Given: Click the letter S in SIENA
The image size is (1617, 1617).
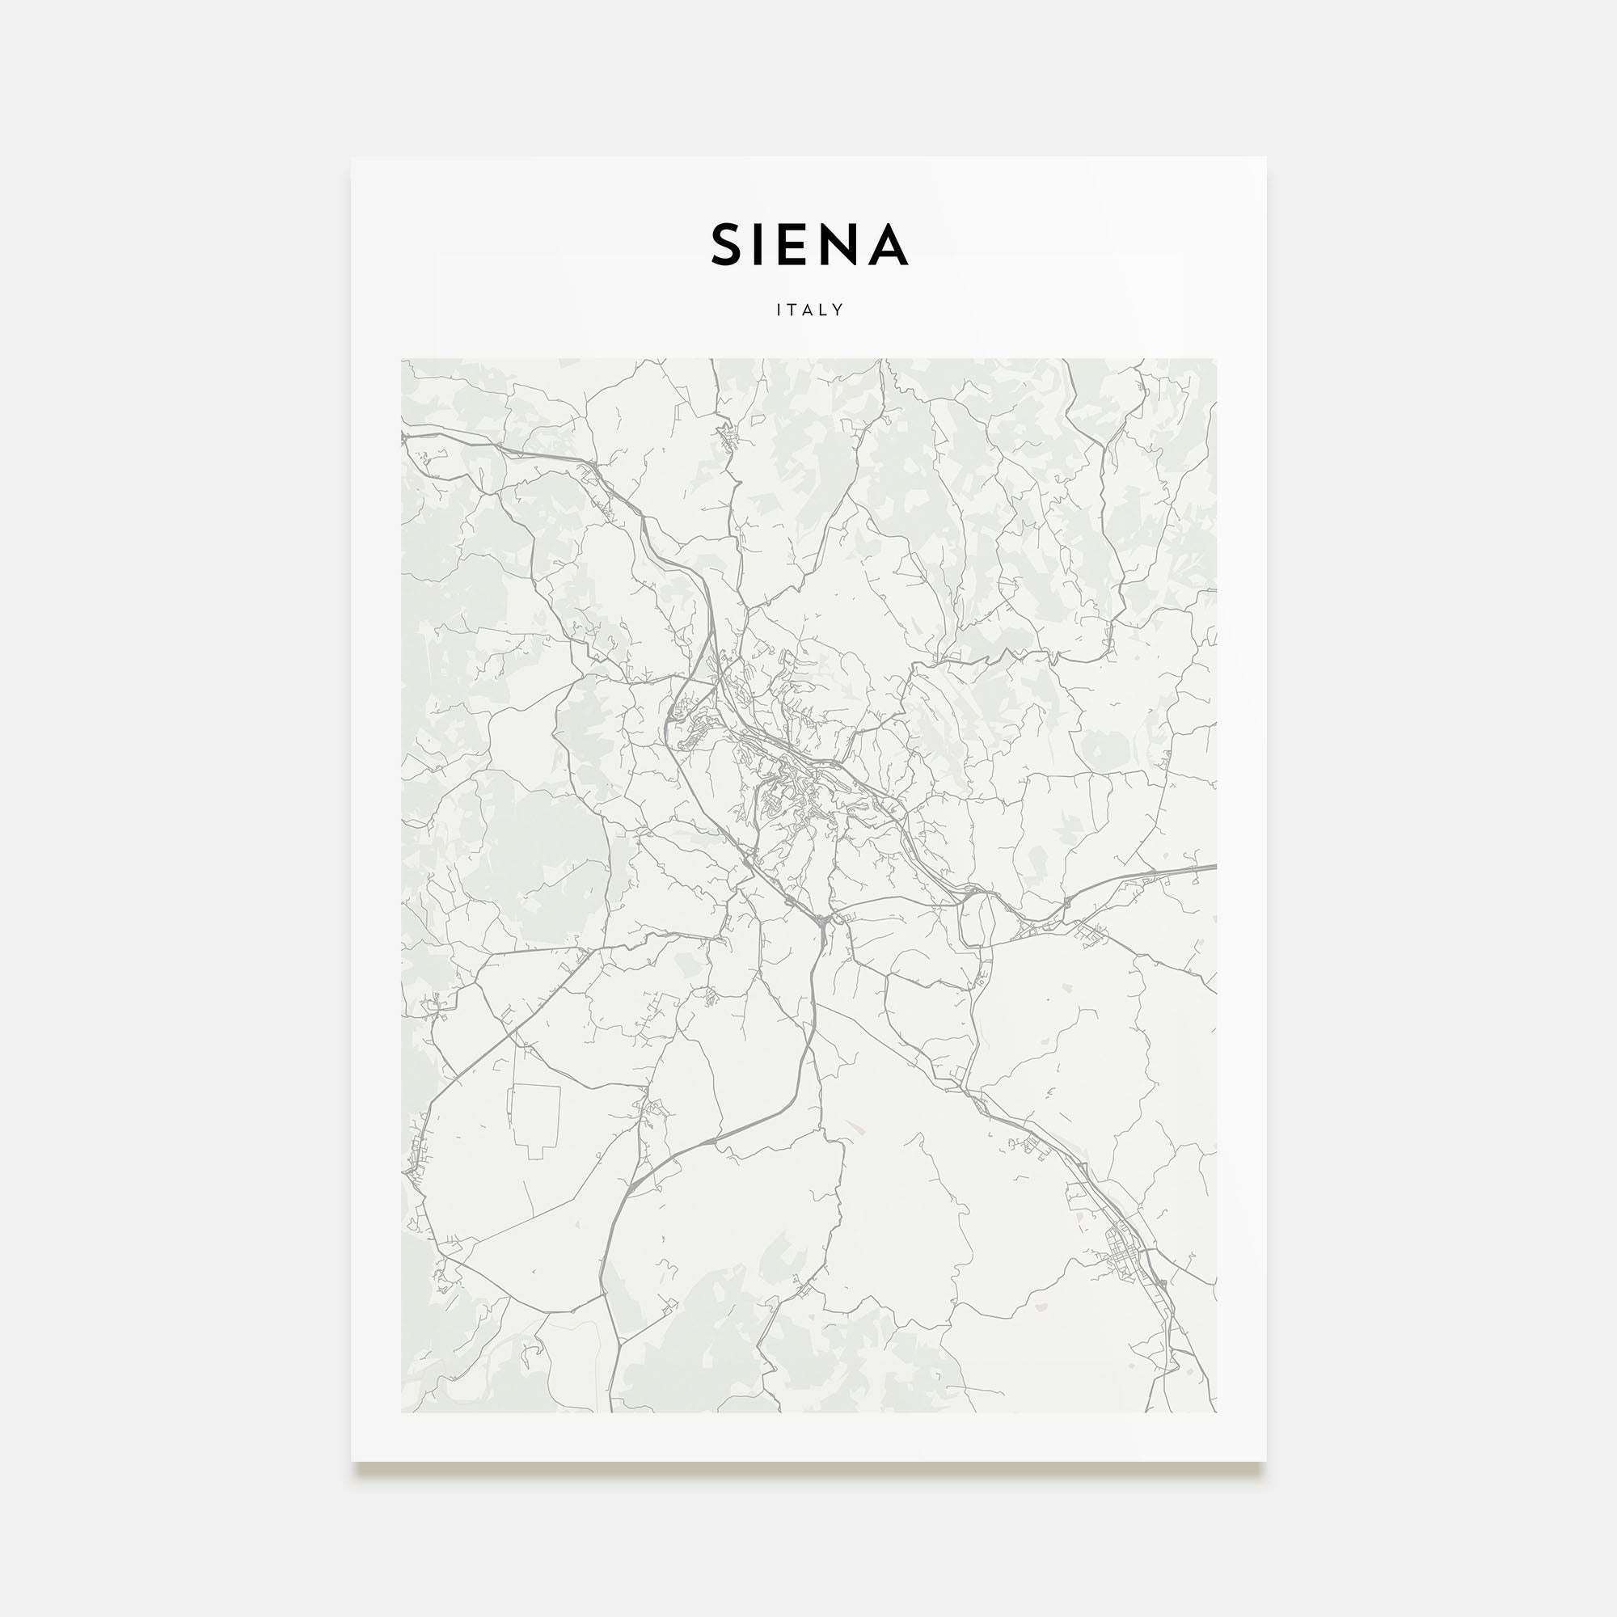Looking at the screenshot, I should coord(728,244).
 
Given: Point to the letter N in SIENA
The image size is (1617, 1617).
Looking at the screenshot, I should coord(838,244).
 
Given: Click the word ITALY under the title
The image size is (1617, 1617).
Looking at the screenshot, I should coord(809,310).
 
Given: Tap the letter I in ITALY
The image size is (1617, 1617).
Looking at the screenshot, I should coord(779,310).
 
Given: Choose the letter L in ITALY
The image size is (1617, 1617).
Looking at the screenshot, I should coord(824,310).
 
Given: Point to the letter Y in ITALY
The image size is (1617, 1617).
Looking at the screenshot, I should coord(838,310).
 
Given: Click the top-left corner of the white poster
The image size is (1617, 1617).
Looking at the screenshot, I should coord(352,158).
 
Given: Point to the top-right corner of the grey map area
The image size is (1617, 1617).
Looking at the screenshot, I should coord(1216,360).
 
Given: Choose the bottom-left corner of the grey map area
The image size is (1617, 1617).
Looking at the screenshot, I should coord(402,1412).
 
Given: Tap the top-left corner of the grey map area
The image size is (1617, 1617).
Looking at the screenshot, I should coord(402,360).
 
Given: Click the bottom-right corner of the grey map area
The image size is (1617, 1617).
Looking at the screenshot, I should coord(1216,1412).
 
